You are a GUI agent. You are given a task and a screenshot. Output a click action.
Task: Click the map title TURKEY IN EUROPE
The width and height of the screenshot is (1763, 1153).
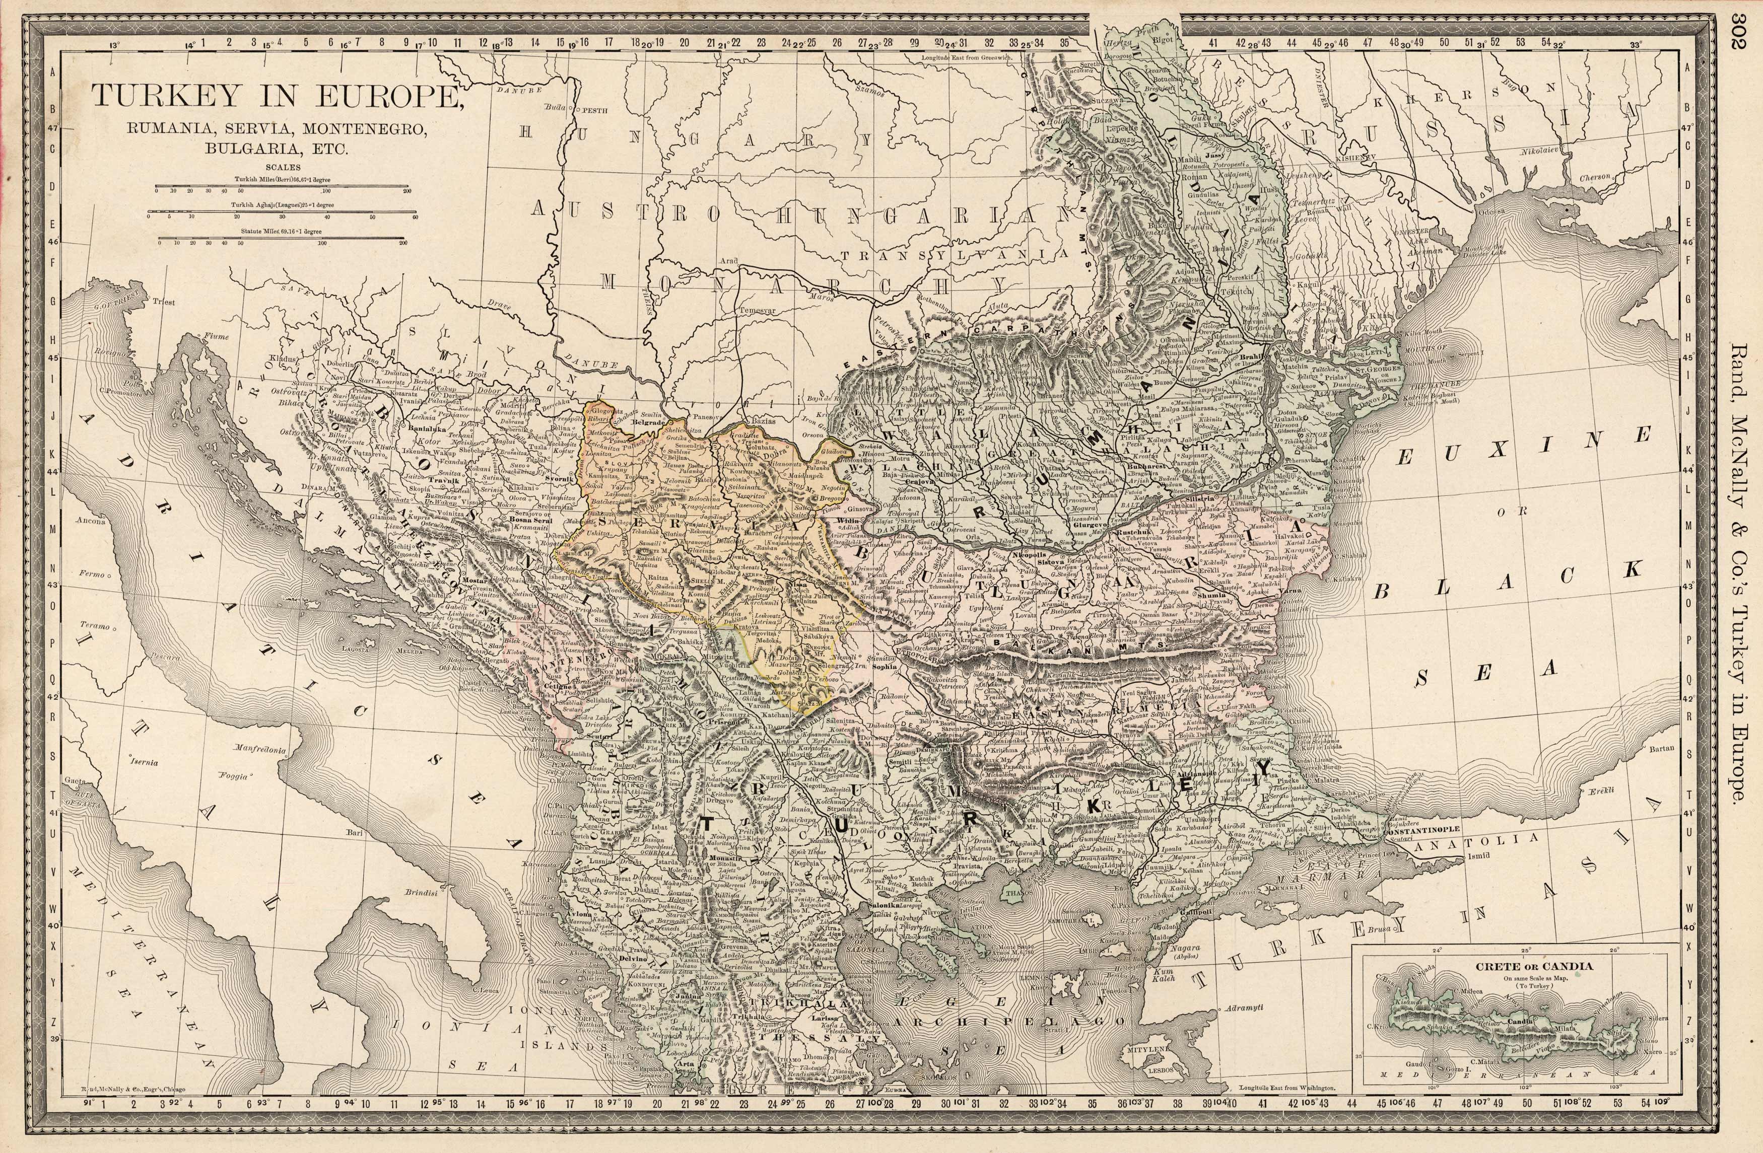click(x=274, y=96)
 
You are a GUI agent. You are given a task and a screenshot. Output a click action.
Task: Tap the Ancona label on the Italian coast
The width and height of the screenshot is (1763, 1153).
click(x=91, y=521)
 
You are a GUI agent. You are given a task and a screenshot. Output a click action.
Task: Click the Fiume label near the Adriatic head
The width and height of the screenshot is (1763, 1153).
click(x=217, y=336)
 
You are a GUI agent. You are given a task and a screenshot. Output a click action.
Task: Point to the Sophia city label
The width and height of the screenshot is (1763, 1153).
click(x=885, y=667)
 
